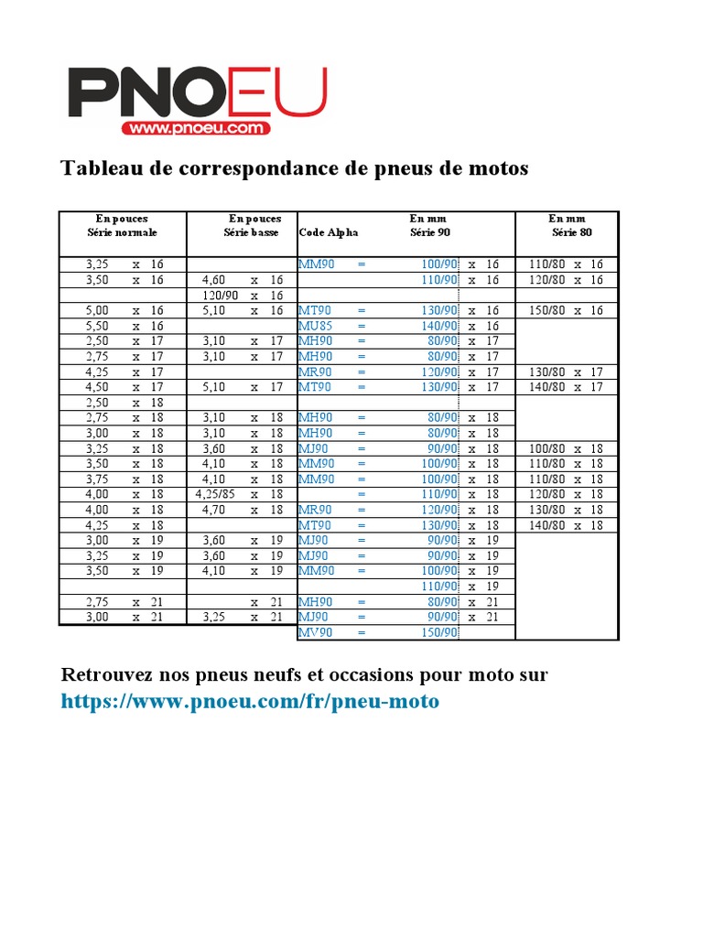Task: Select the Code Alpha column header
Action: [x=329, y=232]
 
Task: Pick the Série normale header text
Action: [x=122, y=232]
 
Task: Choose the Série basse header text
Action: [x=254, y=232]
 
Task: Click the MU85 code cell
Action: [x=315, y=326]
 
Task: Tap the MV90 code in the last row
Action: [x=316, y=632]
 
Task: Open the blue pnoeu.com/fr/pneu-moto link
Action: [x=250, y=702]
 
